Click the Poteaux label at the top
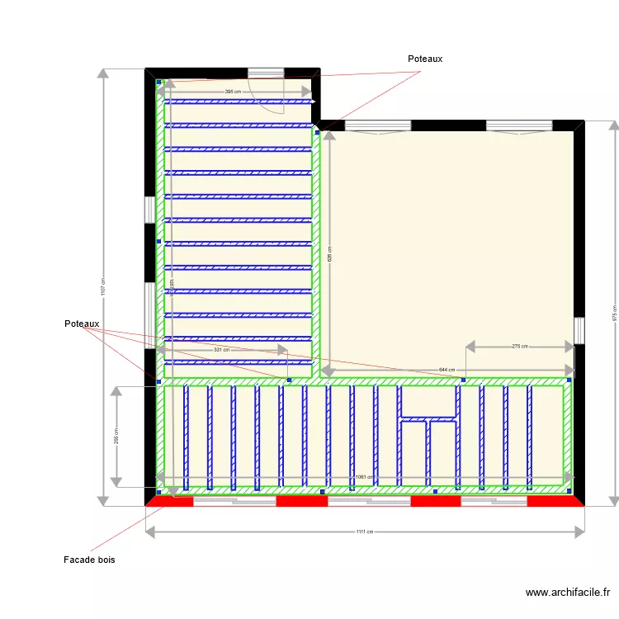click(425, 59)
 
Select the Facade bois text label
click(89, 560)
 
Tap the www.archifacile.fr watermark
click(569, 592)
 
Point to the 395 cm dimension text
click(233, 92)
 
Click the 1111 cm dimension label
click(364, 532)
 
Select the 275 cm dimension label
click(520, 347)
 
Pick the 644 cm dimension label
click(447, 370)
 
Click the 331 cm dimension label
click(221, 350)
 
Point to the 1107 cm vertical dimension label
click(102, 286)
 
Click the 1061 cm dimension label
click(364, 477)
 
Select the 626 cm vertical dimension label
click(329, 255)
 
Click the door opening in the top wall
click(266, 73)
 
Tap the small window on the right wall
click(579, 331)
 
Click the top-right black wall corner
click(579, 125)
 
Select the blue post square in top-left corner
click(158, 83)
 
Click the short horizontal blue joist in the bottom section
click(428, 419)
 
